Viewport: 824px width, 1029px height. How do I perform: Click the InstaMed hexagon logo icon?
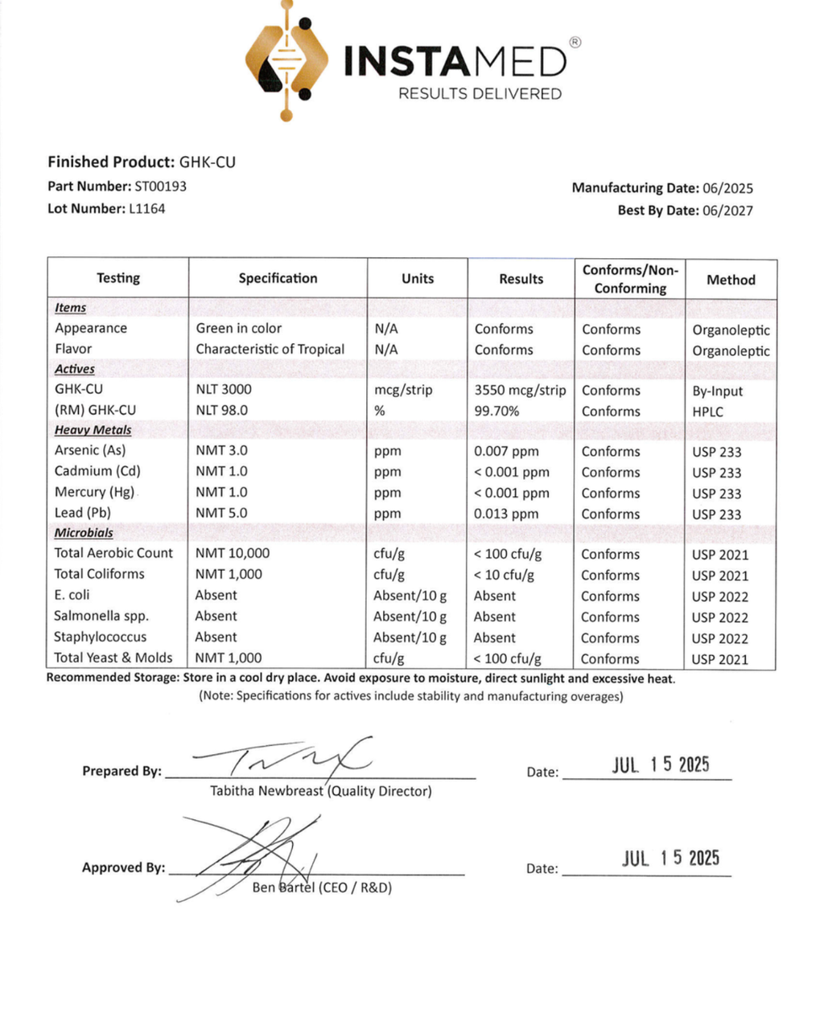pyautogui.click(x=286, y=60)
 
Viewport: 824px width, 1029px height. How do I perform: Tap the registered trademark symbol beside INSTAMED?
pyautogui.click(x=575, y=43)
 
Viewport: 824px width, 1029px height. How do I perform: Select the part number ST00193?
pyautogui.click(x=160, y=187)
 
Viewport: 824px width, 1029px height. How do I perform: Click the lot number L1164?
pyautogui.click(x=146, y=209)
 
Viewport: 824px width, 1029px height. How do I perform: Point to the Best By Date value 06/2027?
pyautogui.click(x=727, y=211)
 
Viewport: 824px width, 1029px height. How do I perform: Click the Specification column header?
pyautogui.click(x=278, y=278)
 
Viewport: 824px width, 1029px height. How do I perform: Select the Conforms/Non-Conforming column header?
pyautogui.click(x=630, y=279)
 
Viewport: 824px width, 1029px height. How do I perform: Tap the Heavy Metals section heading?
pyautogui.click(x=93, y=430)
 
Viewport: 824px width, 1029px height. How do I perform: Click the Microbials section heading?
pyautogui.click(x=84, y=533)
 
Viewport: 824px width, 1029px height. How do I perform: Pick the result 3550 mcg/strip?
pyautogui.click(x=520, y=391)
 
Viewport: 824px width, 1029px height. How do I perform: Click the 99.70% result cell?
pyautogui.click(x=496, y=411)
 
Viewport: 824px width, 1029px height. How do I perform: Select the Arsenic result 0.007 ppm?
pyautogui.click(x=506, y=452)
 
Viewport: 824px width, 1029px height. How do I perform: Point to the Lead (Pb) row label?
pyautogui.click(x=82, y=513)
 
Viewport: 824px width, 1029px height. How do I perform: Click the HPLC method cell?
pyautogui.click(x=707, y=412)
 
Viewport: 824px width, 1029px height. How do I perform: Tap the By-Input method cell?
pyautogui.click(x=717, y=392)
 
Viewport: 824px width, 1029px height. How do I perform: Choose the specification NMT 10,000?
pyautogui.click(x=233, y=553)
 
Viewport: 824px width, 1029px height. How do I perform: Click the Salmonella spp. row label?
pyautogui.click(x=101, y=616)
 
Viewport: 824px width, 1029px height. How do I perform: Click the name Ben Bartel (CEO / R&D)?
pyautogui.click(x=322, y=888)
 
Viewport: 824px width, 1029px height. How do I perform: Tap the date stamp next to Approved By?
pyautogui.click(x=670, y=859)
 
